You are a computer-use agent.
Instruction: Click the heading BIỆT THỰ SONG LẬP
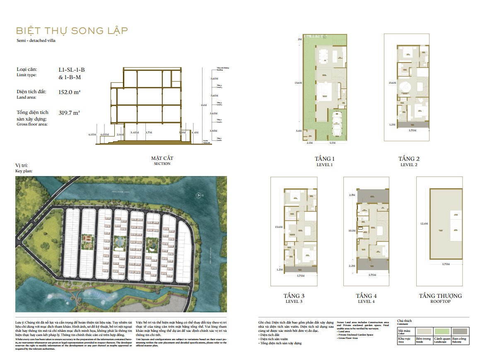point(72,31)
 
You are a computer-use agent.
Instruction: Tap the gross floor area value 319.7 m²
point(70,112)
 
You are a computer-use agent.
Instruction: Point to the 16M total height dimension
point(203,105)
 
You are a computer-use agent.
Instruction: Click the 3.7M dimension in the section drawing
point(149,133)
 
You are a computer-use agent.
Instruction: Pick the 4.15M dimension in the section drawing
point(92,134)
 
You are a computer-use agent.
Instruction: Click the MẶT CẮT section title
point(162,158)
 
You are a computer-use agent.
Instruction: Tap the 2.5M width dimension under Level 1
point(309,143)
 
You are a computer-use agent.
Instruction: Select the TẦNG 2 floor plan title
point(409,159)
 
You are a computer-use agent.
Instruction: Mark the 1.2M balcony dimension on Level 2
point(392,124)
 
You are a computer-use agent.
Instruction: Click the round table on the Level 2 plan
point(404,88)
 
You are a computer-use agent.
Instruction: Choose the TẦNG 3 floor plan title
point(294,296)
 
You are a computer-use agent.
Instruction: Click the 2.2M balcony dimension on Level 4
point(352,266)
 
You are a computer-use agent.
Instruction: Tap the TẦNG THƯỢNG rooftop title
point(440,296)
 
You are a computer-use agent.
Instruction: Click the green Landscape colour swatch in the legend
point(442,331)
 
